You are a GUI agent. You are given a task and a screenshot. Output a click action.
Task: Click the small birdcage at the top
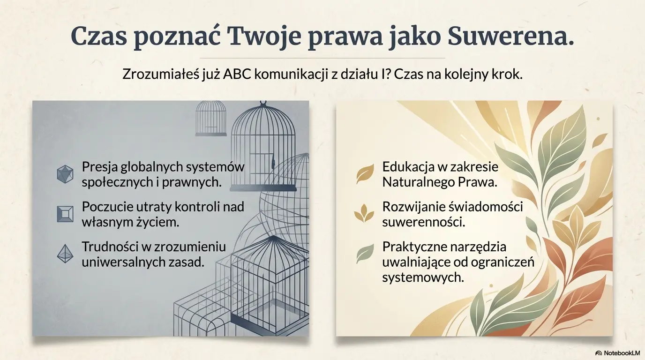(210, 118)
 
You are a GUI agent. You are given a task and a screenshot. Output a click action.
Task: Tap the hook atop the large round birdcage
(263, 103)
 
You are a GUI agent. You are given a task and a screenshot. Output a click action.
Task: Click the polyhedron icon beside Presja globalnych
(65, 174)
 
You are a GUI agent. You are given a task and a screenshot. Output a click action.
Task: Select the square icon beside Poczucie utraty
(65, 214)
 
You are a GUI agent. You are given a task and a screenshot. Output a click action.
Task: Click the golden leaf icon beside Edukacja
(365, 174)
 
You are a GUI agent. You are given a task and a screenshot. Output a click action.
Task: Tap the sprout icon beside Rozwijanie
(364, 214)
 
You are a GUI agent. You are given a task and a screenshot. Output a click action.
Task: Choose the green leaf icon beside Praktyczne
(365, 254)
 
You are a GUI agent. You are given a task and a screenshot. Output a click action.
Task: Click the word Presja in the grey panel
(99, 167)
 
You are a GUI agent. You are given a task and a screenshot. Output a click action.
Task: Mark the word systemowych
(423, 277)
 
